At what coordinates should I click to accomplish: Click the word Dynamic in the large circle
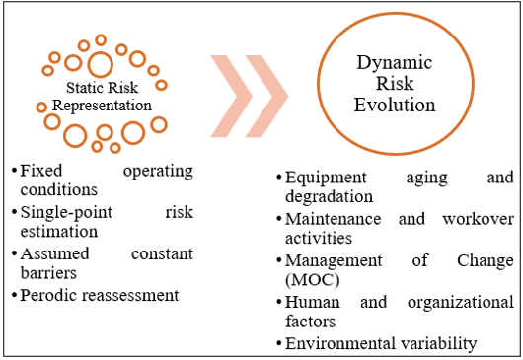395,63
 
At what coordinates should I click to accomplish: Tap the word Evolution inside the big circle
395,105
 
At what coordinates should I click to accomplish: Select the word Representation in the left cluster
102,107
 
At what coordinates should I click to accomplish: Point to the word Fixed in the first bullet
41,171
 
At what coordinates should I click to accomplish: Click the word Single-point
67,213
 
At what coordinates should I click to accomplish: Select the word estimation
59,232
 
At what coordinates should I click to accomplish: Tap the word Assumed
55,253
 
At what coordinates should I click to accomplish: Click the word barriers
48,273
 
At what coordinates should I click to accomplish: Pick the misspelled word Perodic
49,295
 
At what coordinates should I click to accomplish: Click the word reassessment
130,295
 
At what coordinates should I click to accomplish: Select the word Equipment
326,178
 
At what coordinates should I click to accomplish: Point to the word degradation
330,196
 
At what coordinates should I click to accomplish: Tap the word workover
479,219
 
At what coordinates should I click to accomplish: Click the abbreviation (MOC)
313,280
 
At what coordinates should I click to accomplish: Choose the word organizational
461,303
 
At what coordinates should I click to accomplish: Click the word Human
313,303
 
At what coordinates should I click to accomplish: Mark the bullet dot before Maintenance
279,219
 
